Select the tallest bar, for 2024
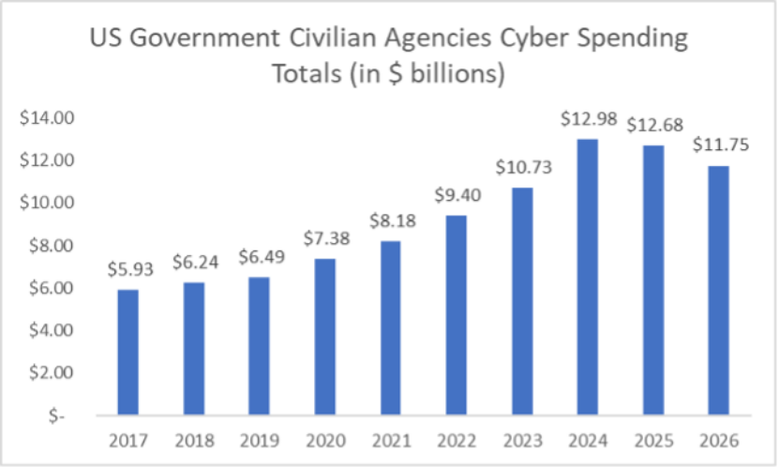pyautogui.click(x=587, y=277)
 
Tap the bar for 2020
pyautogui.click(x=325, y=336)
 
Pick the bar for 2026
pyautogui.click(x=718, y=290)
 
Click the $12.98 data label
pyautogui.click(x=586, y=119)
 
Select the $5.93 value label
pyautogui.click(x=129, y=268)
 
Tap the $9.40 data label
pyautogui.click(x=456, y=196)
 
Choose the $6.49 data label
pyautogui.click(x=260, y=257)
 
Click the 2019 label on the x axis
pyautogui.click(x=260, y=440)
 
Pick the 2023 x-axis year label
pyautogui.click(x=521, y=440)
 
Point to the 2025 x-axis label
pyautogui.click(x=652, y=440)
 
